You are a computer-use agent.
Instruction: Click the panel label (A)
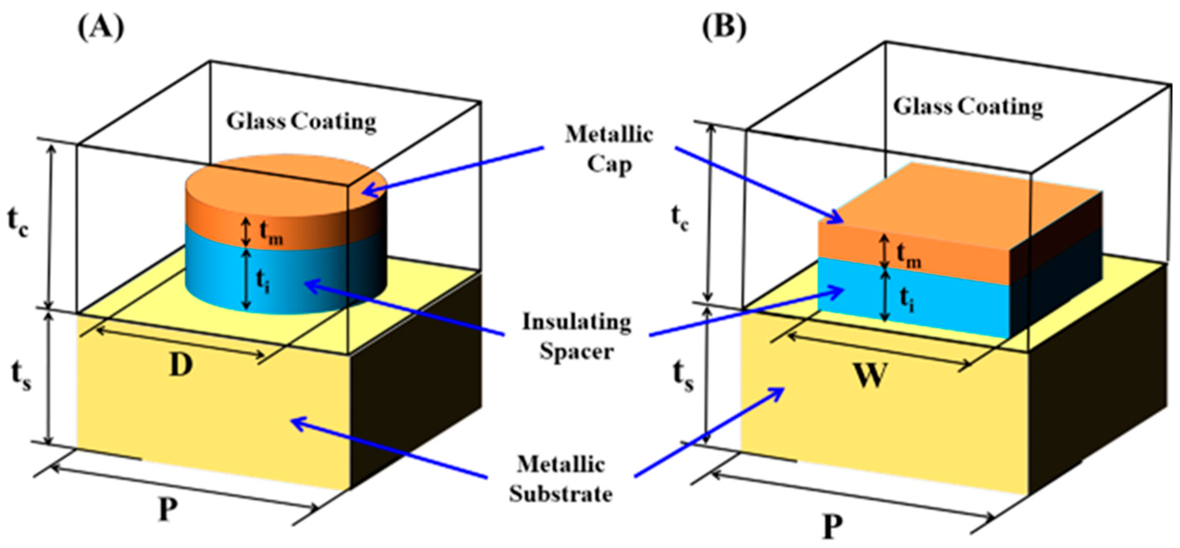(101, 28)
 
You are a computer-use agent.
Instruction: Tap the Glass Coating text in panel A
(301, 122)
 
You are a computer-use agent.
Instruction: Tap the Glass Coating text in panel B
(968, 107)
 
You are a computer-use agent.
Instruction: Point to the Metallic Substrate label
(561, 479)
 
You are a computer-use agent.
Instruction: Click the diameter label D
(181, 365)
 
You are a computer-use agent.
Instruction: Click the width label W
(869, 375)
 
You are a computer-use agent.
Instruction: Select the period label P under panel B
(832, 527)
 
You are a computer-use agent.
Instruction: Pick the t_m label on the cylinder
(270, 233)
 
